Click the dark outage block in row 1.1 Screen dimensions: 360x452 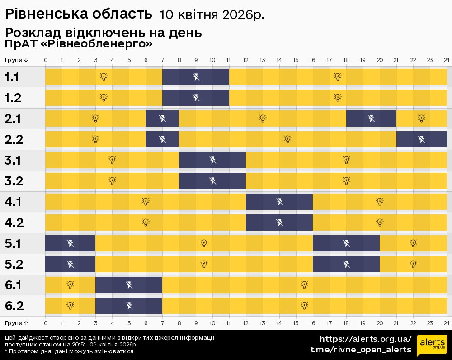point(196,77)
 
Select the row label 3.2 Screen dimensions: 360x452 point(14,181)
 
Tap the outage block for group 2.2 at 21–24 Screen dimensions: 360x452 point(421,139)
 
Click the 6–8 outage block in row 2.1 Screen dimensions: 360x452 point(162,118)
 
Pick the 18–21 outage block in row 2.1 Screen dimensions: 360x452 point(371,118)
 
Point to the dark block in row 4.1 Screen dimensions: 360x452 point(279,202)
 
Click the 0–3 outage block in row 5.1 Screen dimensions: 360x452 point(70,243)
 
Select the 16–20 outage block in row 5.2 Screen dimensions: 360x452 point(346,264)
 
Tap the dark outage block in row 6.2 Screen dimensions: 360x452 point(129,306)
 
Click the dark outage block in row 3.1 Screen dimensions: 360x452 point(212,160)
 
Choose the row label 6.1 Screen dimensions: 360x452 point(14,285)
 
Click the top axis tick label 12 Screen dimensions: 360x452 point(246,60)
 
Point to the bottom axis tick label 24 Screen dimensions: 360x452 point(446,323)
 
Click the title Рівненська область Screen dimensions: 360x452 point(78,14)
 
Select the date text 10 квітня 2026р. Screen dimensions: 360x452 point(212,15)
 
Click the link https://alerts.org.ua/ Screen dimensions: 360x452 point(365,339)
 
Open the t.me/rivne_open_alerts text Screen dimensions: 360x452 point(360,350)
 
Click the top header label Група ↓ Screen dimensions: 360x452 point(17,60)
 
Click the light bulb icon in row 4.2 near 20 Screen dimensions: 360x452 point(380,222)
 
